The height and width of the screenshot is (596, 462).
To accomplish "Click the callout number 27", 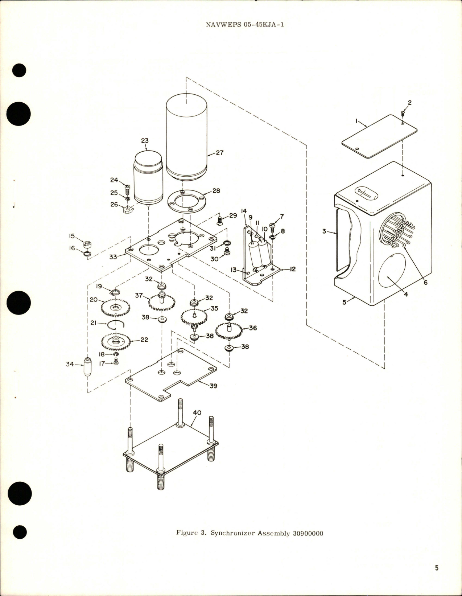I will [220, 153].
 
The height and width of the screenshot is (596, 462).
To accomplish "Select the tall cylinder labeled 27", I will [186, 138].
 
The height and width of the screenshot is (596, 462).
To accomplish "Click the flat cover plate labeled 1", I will [379, 136].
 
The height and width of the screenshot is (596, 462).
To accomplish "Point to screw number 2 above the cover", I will [403, 114].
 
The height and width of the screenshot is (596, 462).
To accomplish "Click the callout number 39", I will [213, 386].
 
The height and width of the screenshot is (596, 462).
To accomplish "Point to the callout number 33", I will [113, 256].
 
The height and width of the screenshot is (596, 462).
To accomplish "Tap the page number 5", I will [437, 568].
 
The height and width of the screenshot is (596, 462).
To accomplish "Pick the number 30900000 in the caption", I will [307, 533].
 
